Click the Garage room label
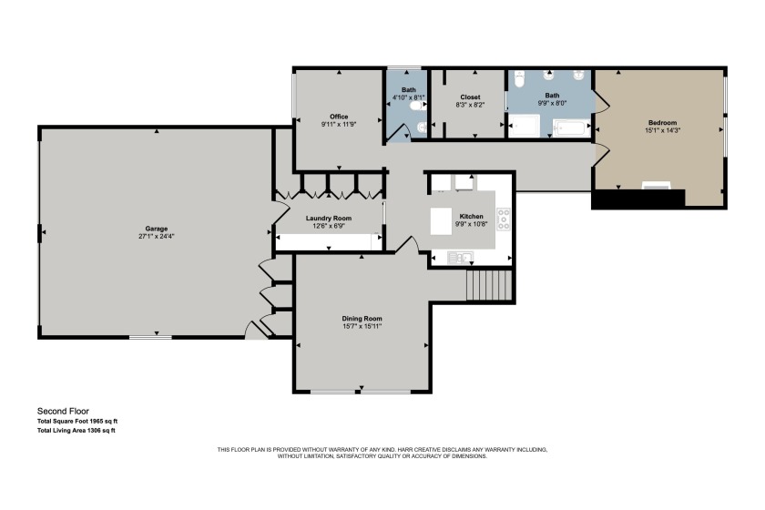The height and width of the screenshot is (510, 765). pos(156,229)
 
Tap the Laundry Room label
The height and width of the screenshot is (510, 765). pos(329,219)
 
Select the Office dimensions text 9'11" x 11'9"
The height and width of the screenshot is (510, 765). pos(339,125)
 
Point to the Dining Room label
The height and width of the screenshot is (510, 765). pos(362,319)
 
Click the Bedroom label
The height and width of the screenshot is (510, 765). pos(663,123)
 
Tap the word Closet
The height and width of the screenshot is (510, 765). pos(470,97)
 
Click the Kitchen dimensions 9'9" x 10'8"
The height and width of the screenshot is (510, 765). pos(472,224)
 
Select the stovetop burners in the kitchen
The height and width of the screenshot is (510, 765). pos(504,219)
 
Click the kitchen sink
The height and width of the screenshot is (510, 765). pos(460,257)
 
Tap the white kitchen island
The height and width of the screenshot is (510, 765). pos(442,221)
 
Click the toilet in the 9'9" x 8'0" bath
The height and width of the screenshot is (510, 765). pos(518,79)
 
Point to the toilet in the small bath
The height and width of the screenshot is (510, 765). pos(418,106)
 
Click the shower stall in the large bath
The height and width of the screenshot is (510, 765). pos(524,126)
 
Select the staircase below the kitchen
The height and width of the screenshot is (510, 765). pos(489,285)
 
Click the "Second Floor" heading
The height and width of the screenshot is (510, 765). pos(63,411)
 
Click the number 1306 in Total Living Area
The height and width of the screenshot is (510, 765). pos(94,431)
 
